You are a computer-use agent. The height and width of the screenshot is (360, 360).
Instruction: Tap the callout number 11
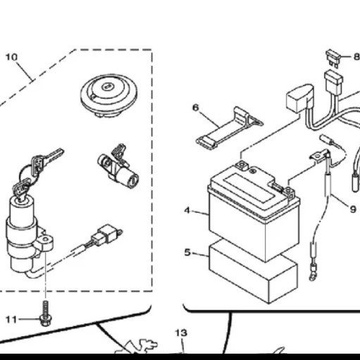tap(11, 319)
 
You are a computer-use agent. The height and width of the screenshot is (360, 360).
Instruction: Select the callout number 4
tap(187, 210)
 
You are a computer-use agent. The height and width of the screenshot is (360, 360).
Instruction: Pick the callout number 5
tap(187, 252)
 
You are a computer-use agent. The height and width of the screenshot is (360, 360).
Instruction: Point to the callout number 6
tap(196, 107)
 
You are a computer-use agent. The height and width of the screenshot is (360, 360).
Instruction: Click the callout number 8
tap(356, 56)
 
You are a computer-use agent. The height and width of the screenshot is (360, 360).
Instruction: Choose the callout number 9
tap(353, 208)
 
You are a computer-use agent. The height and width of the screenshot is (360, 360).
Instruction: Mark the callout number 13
tap(181, 332)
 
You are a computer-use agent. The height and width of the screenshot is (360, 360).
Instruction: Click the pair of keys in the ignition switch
tap(35, 169)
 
